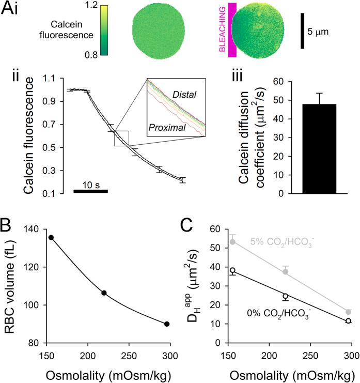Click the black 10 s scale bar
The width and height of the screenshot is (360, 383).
[90, 191]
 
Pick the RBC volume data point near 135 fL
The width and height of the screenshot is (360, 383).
[51, 237]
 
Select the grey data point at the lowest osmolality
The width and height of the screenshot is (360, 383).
[233, 242]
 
